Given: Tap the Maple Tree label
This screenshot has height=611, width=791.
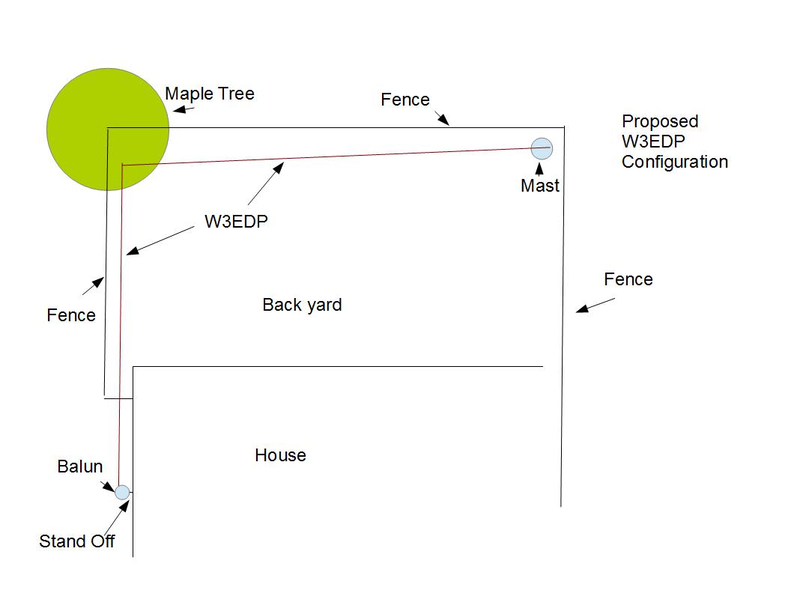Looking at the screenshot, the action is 209,94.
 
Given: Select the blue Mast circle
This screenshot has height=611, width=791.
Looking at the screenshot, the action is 542,149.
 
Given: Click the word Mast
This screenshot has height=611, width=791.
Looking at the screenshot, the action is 540,186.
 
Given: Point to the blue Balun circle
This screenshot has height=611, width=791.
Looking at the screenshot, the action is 122,492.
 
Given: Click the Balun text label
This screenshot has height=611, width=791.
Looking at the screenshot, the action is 79,466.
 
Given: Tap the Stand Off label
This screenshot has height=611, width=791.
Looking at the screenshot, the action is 76,541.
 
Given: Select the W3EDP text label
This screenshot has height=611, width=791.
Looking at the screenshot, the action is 236,222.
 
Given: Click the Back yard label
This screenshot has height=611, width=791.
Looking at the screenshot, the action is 302,305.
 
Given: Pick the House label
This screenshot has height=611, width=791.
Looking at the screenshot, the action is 280,455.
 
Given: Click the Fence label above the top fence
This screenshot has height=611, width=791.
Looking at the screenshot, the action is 405,100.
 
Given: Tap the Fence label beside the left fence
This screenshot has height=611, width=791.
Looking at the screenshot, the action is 71,315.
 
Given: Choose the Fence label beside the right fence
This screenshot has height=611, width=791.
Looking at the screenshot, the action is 628,279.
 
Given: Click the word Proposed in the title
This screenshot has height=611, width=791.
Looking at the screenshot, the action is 660,121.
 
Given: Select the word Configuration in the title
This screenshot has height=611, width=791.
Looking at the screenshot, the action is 675,162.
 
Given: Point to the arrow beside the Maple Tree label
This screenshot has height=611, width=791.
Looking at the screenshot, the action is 183,109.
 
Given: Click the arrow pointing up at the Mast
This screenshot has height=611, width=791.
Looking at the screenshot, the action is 539,169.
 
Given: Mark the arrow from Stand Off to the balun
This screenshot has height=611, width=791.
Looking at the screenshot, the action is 117,517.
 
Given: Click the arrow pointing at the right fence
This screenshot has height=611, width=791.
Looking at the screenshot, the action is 595,305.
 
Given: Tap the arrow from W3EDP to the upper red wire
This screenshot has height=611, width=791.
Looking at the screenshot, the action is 266,183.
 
